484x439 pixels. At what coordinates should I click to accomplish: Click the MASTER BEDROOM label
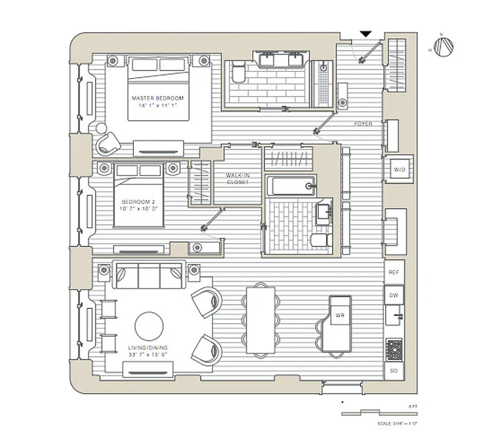tap(157, 99)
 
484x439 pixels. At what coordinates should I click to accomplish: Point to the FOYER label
tap(363, 124)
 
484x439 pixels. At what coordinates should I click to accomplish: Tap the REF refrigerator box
tap(393, 272)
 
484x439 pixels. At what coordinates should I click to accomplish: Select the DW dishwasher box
tap(393, 295)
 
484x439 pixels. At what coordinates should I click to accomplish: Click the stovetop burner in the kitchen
tap(394, 348)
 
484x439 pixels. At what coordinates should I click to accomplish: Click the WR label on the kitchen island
tap(339, 316)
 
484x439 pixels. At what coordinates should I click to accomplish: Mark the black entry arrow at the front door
tap(365, 35)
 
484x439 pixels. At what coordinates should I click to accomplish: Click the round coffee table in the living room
tap(149, 327)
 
